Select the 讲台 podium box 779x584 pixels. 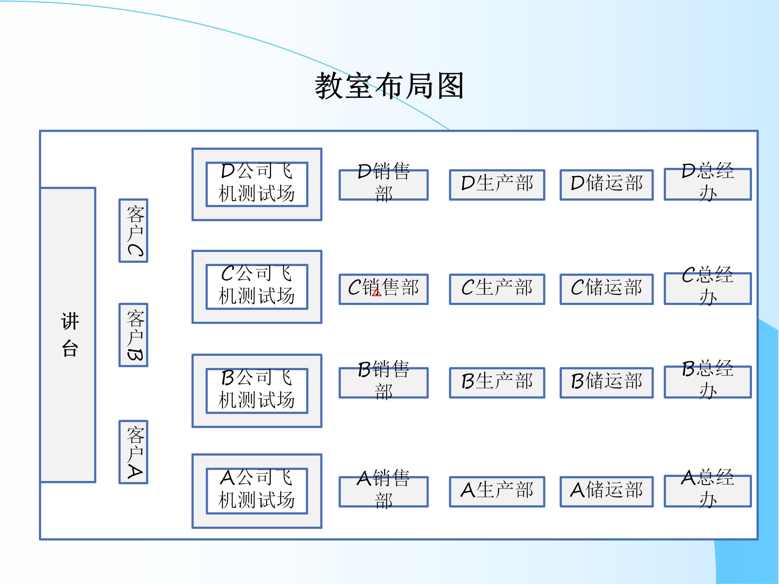tap(68, 335)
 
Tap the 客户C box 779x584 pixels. tap(133, 231)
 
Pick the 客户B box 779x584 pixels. tap(133, 335)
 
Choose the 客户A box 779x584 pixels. tap(133, 452)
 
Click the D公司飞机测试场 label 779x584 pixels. tap(257, 184)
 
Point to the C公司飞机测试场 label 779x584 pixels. tap(257, 287)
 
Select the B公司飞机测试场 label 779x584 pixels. tap(257, 391)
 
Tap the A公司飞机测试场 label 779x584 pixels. tap(257, 491)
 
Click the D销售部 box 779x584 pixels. tap(384, 185)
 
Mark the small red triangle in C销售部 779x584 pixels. tap(377, 293)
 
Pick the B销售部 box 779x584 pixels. tap(384, 383)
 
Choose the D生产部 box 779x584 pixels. tap(497, 185)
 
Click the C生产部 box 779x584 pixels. tap(497, 289)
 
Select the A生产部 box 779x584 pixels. tap(497, 492)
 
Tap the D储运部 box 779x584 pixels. tap(606, 185)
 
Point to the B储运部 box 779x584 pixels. tap(606, 383)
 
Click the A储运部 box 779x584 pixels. tap(606, 492)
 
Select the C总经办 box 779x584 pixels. tap(708, 288)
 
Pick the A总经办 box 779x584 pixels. tap(708, 491)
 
